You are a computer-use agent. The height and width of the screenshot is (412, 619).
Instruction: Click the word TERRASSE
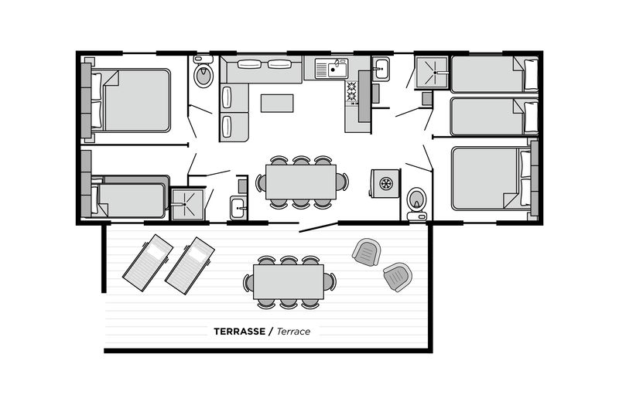pyautogui.click(x=239, y=332)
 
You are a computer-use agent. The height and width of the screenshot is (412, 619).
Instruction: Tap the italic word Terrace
pyautogui.click(x=293, y=332)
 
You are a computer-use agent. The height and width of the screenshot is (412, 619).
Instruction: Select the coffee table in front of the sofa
pyautogui.click(x=277, y=104)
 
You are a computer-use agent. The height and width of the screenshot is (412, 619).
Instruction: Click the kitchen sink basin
pyautogui.click(x=337, y=70)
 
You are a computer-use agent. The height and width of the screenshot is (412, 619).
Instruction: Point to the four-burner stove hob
pyautogui.click(x=351, y=91)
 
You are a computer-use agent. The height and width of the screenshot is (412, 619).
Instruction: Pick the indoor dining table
pyautogui.click(x=301, y=182)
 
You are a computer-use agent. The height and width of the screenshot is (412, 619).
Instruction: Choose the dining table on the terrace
pyautogui.click(x=289, y=281)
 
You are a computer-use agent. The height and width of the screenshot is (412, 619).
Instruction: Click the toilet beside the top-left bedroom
pyautogui.click(x=203, y=72)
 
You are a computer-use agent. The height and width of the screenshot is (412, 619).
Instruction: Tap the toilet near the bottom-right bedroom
pyautogui.click(x=417, y=203)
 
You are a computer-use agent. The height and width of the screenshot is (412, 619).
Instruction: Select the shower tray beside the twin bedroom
pyautogui.click(x=432, y=73)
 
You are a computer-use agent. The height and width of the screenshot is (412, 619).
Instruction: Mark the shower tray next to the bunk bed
pyautogui.click(x=188, y=204)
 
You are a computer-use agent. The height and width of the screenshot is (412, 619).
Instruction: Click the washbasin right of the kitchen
pyautogui.click(x=381, y=69)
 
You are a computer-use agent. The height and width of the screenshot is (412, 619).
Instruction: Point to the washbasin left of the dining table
pyautogui.click(x=239, y=207)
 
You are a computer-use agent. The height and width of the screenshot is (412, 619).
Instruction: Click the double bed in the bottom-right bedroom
pyautogui.click(x=491, y=179)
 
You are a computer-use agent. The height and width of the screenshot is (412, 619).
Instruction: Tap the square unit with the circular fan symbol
pyautogui.click(x=385, y=183)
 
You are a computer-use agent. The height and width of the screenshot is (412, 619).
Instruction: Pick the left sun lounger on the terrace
pyautogui.click(x=148, y=263)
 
